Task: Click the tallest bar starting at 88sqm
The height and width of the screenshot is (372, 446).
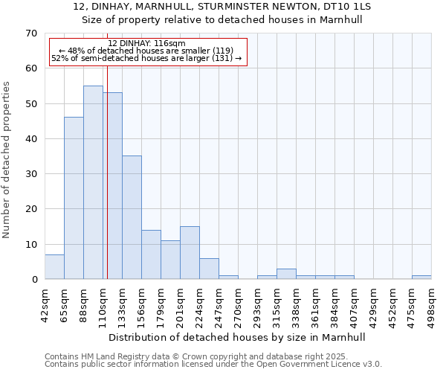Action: (x=93, y=182)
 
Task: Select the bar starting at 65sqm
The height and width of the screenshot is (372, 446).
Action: (x=74, y=198)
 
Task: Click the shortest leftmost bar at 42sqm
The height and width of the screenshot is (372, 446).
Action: (x=54, y=267)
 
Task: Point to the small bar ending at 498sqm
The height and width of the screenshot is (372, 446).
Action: (x=421, y=277)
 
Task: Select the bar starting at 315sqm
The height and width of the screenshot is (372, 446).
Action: (x=286, y=274)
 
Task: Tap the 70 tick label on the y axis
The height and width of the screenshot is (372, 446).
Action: (x=30, y=33)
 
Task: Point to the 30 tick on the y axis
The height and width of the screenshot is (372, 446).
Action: (x=30, y=174)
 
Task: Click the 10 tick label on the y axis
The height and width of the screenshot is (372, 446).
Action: (x=30, y=244)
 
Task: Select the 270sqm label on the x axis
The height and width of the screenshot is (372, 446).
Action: (x=238, y=303)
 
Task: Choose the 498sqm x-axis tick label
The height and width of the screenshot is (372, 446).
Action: (x=431, y=303)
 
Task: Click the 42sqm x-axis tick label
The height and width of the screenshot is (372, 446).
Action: (x=45, y=303)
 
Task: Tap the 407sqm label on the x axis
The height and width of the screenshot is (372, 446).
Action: (x=354, y=303)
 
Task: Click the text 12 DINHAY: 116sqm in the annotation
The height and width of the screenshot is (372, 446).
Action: (x=146, y=44)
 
